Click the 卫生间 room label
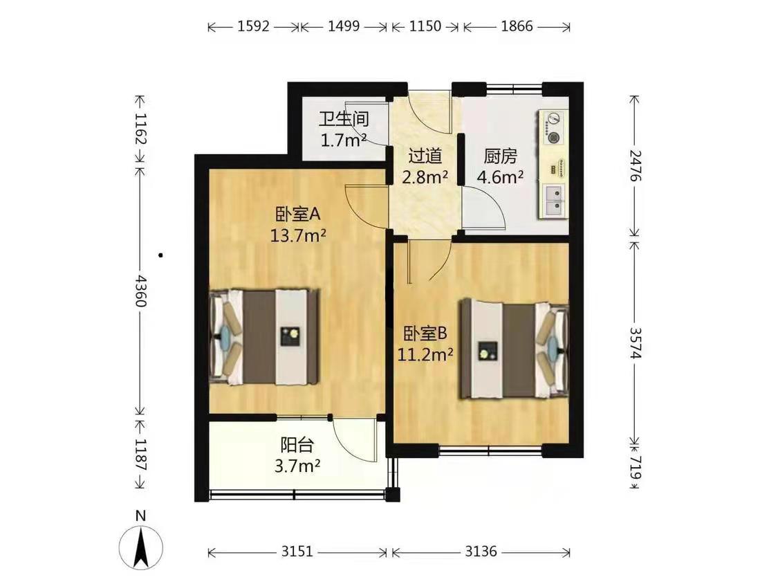[344, 120]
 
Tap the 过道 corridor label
[425, 156]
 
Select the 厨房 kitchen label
[500, 156]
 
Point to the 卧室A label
[297, 215]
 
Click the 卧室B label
[425, 334]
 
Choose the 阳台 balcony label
[297, 445]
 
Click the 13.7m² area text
[297, 235]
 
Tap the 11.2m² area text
[425, 354]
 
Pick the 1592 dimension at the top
[253, 26]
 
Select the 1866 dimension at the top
[517, 26]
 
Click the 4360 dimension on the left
[141, 291]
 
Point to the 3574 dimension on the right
[636, 342]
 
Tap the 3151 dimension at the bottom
[297, 551]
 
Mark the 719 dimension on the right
[636, 468]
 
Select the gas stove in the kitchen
[553, 129]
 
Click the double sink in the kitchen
[553, 200]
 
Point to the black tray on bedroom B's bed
[488, 352]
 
